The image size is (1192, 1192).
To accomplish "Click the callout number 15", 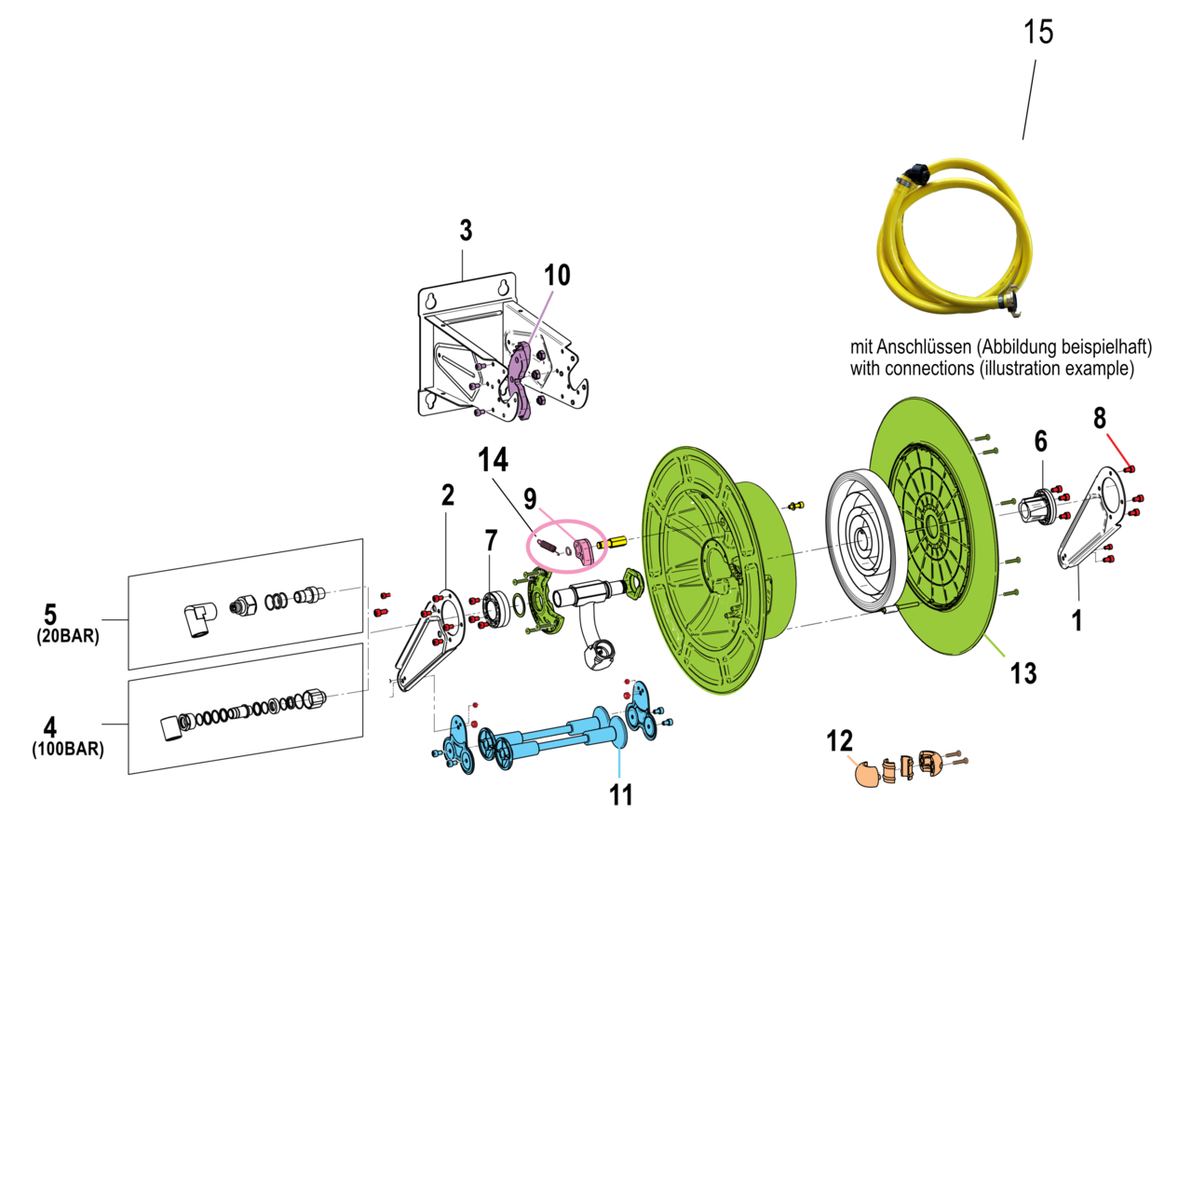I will [1037, 32].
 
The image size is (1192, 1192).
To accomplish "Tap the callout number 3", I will [466, 230].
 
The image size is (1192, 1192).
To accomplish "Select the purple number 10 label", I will [557, 275].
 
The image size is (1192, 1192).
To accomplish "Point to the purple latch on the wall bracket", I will [521, 377].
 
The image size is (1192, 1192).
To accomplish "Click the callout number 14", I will [493, 459].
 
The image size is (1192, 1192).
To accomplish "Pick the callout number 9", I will [530, 498].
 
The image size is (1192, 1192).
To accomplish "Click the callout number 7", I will [491, 539].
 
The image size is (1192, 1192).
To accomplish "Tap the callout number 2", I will [448, 494].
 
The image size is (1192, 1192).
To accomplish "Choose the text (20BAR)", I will [68, 637].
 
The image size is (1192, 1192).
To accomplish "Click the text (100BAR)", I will [68, 749].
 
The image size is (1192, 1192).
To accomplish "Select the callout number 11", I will [621, 794].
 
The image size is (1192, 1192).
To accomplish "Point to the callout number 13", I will [1023, 672].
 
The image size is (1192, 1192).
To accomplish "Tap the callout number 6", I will [1040, 440].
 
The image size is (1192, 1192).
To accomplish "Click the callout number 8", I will [1100, 418].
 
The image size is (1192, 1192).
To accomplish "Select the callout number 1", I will [1077, 620].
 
